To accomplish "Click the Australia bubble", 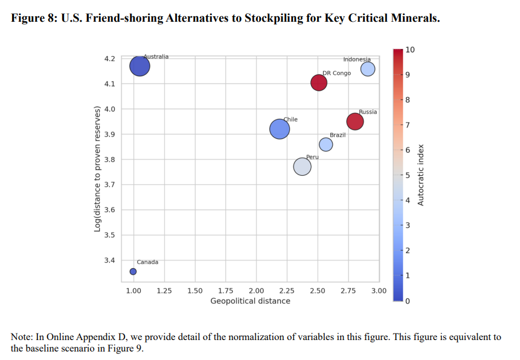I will point(140,66).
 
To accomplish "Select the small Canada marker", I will point(133,271).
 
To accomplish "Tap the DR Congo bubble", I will point(319,83).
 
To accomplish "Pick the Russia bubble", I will point(355,121).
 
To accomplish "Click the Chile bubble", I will point(279,129).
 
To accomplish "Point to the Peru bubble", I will point(302,167).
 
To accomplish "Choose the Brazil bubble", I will point(326,144).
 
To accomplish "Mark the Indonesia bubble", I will point(368,69).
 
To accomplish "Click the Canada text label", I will point(147,262).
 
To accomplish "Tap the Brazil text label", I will point(338,135).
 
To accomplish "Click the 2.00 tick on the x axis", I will point(256,291).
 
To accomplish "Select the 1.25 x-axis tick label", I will point(164,291).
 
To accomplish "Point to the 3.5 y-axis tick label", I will point(109,235).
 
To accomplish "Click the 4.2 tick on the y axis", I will point(109,59).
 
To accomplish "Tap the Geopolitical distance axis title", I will point(250,301).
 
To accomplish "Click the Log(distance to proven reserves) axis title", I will point(97,168).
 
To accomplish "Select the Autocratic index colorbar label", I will point(421,175).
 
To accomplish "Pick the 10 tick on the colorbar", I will point(410,49).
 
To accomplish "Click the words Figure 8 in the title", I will point(34,18).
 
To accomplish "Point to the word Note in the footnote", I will point(22,337).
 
